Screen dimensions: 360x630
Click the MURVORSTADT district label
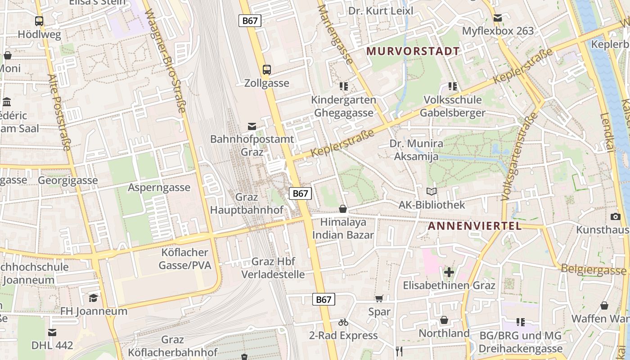click(413, 51)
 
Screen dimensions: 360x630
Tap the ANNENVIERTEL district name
click(475, 226)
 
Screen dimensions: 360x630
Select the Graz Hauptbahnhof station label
click(247, 203)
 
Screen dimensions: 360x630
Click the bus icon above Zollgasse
click(267, 70)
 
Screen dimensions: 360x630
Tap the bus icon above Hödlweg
click(39, 21)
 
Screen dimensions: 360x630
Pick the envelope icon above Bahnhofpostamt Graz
click(252, 126)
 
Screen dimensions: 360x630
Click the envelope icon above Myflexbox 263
click(497, 18)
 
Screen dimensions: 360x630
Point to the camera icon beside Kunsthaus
click(616, 217)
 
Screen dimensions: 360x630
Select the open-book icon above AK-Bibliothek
click(432, 192)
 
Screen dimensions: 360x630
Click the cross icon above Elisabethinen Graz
click(449, 272)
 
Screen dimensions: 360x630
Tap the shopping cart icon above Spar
click(379, 299)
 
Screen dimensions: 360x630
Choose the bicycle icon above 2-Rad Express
click(343, 322)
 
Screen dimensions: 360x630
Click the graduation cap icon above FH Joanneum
click(93, 298)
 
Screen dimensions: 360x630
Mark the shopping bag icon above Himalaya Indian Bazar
click(343, 209)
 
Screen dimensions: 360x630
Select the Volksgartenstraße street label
click(519, 156)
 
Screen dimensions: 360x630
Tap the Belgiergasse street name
click(594, 270)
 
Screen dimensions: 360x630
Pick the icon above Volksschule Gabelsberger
click(452, 86)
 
